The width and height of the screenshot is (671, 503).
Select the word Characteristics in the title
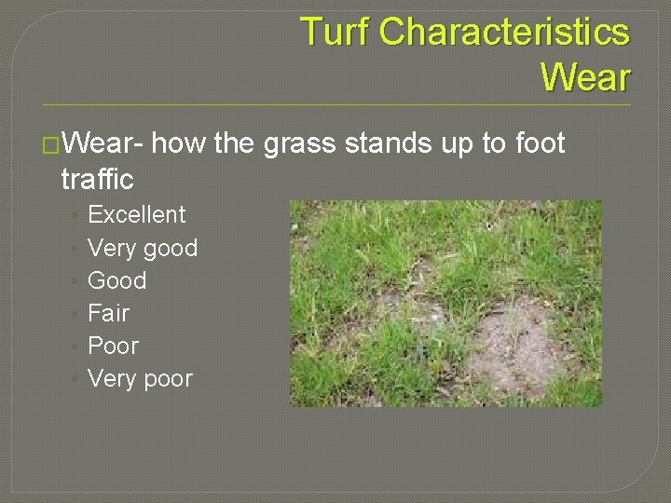[505, 33]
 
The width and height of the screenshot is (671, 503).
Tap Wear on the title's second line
[585, 77]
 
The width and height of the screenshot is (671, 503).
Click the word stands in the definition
[389, 144]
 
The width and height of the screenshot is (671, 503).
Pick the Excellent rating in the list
[136, 215]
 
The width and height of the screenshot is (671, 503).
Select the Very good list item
[143, 249]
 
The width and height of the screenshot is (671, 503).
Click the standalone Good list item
[116, 280]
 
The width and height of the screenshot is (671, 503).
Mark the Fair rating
[108, 313]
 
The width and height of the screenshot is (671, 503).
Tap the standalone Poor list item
[113, 346]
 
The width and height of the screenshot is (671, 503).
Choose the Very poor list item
[140, 379]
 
